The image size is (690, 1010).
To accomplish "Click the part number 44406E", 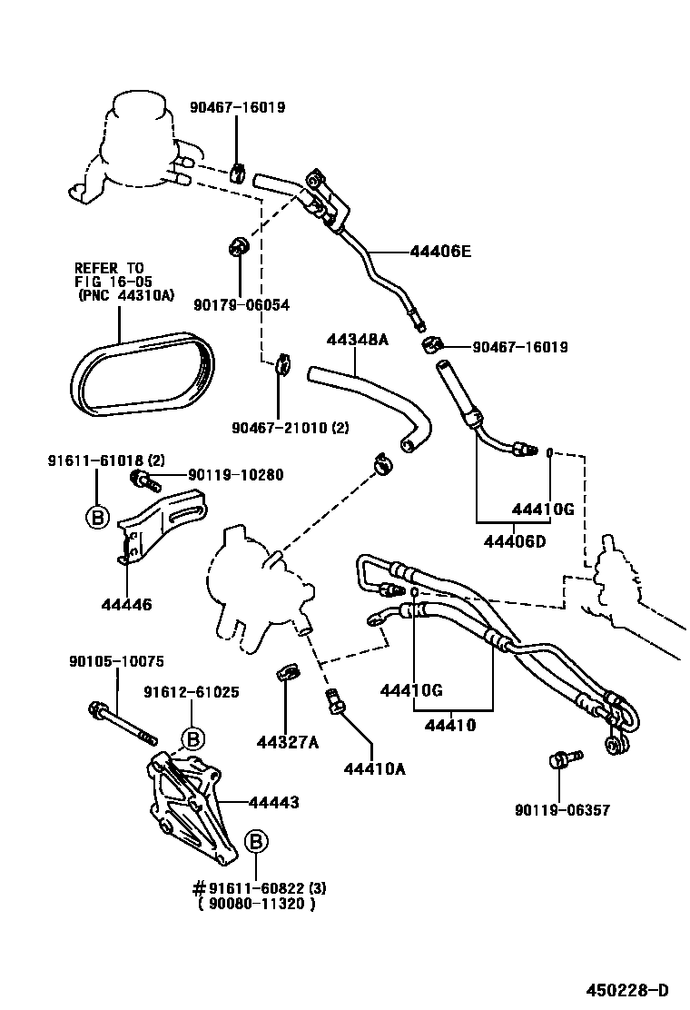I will click(x=440, y=252).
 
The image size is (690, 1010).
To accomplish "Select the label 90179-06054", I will click(x=241, y=305).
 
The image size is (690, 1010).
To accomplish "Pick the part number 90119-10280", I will click(x=236, y=474).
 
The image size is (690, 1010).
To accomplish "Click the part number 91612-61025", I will click(x=191, y=692).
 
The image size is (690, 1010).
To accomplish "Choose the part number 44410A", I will click(x=374, y=769).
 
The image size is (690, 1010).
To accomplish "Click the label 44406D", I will click(x=515, y=543).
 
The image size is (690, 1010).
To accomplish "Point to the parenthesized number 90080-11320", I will click(x=257, y=904).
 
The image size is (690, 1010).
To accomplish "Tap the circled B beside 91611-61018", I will click(x=95, y=518).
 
